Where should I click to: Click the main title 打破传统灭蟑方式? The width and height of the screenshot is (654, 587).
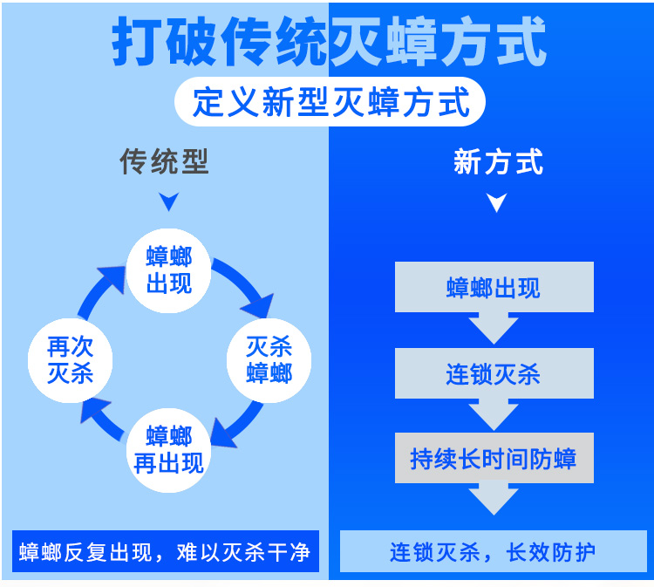pyautogui.click(x=329, y=41)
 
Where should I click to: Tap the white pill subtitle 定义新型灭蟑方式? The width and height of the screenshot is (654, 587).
pyautogui.click(x=330, y=101)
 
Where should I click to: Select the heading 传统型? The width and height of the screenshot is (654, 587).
pyautogui.click(x=164, y=161)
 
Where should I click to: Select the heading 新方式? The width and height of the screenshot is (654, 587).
pyautogui.click(x=498, y=162)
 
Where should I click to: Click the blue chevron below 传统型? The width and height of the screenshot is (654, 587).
pyautogui.click(x=169, y=201)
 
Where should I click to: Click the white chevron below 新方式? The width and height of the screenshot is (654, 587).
pyautogui.click(x=497, y=202)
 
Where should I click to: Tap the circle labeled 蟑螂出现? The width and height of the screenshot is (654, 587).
pyautogui.click(x=169, y=270)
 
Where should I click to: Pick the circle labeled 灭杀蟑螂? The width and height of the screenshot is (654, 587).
pyautogui.click(x=269, y=360)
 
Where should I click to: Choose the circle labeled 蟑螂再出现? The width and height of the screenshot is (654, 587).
pyautogui.click(x=169, y=450)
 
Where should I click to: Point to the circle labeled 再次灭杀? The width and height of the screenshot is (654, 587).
pyautogui.click(x=70, y=360)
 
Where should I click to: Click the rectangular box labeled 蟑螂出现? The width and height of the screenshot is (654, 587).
pyautogui.click(x=494, y=287)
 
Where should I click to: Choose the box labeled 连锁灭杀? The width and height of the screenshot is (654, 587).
pyautogui.click(x=494, y=373)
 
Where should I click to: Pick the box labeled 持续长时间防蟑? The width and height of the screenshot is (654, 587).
pyautogui.click(x=494, y=458)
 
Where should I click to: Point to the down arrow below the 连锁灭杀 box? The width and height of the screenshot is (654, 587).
pyautogui.click(x=494, y=414)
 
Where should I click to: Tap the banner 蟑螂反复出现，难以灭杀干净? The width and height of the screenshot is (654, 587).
pyautogui.click(x=166, y=551)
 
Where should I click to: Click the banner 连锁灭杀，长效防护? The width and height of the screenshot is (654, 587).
pyautogui.click(x=494, y=551)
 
